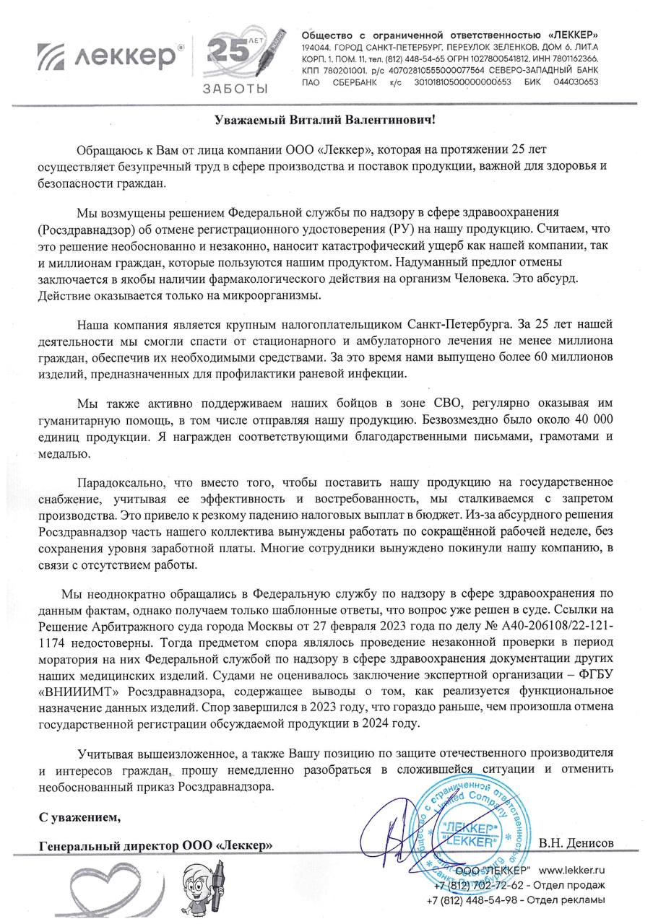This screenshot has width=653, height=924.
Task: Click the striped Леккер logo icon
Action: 56,57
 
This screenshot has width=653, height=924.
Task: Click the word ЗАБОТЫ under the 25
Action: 234,89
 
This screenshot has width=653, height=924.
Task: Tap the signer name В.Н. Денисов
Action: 576,843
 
